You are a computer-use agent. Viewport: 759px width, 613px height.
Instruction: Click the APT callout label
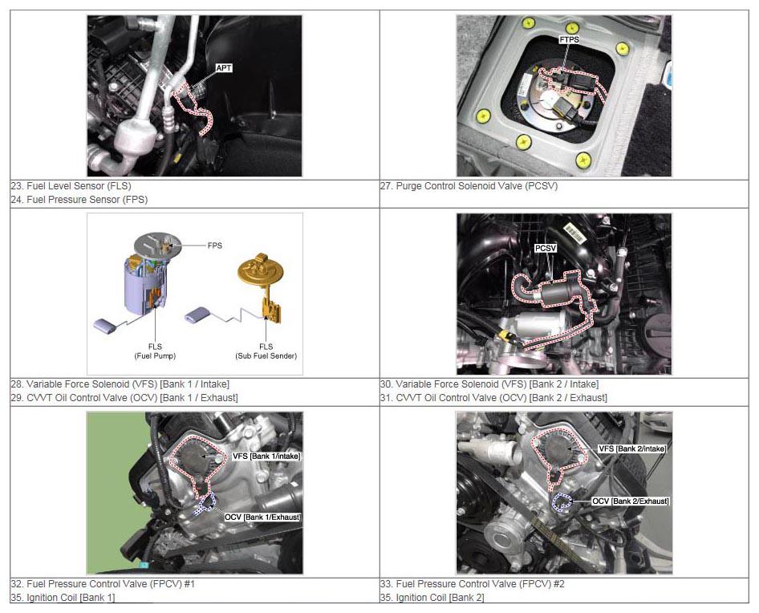click(x=224, y=68)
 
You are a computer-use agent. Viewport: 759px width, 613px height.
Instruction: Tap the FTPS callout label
click(x=569, y=39)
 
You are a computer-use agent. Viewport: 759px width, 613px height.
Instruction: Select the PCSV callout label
click(x=546, y=249)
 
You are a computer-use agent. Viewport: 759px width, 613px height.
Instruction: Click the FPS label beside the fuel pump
click(x=215, y=246)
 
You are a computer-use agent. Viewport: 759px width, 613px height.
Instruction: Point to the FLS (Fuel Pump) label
click(x=155, y=351)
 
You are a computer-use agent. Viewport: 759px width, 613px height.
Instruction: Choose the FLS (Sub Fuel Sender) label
click(x=266, y=351)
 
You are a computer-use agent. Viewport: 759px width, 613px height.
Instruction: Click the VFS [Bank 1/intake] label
click(x=266, y=456)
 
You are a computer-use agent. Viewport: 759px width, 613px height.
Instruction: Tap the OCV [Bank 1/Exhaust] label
click(x=262, y=518)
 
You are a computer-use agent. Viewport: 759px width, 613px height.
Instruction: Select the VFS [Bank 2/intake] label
click(x=632, y=449)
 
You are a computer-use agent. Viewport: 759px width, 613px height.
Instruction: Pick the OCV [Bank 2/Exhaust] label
click(x=631, y=501)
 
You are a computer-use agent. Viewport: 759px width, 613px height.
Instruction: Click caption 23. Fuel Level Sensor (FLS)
click(x=71, y=186)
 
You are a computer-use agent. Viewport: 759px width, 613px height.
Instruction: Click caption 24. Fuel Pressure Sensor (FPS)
click(x=79, y=200)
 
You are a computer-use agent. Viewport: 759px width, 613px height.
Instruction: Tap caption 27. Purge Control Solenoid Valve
click(x=469, y=186)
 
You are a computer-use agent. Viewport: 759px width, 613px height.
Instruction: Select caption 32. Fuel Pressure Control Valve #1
click(x=103, y=584)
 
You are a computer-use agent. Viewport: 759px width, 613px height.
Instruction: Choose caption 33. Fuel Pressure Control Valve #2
click(x=473, y=584)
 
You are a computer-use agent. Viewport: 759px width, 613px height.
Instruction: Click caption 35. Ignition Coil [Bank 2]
click(x=432, y=598)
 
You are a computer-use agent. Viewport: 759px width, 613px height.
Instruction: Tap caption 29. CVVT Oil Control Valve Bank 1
click(x=124, y=397)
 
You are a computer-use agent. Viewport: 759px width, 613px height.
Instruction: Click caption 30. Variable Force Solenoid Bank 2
click(x=489, y=384)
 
